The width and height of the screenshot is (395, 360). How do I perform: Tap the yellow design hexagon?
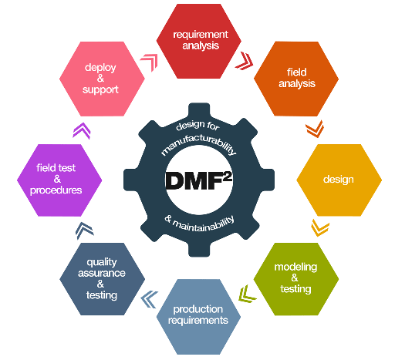338,180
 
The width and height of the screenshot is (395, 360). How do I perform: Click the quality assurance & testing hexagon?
102,279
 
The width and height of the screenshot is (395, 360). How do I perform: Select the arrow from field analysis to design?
314,126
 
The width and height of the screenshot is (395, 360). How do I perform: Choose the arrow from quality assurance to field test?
82,230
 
